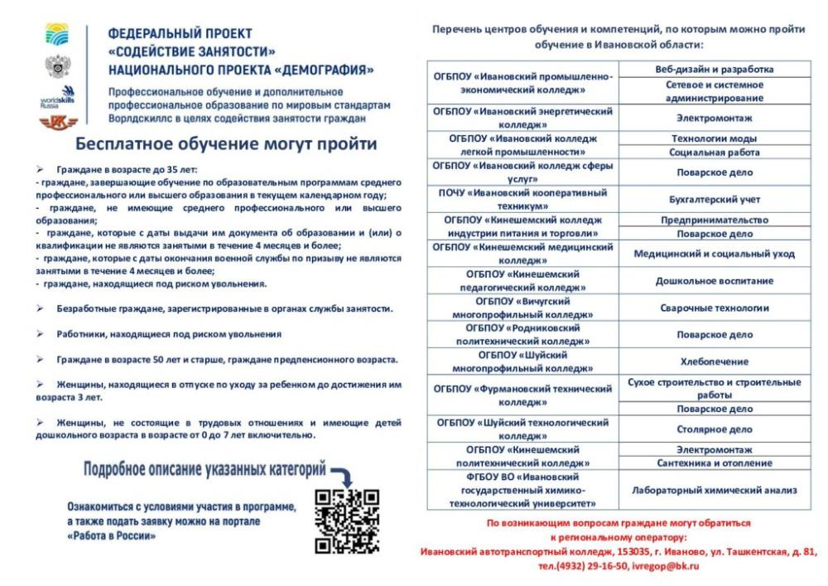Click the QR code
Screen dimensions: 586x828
point(347,521)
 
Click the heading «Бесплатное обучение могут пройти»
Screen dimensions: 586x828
point(226,143)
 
